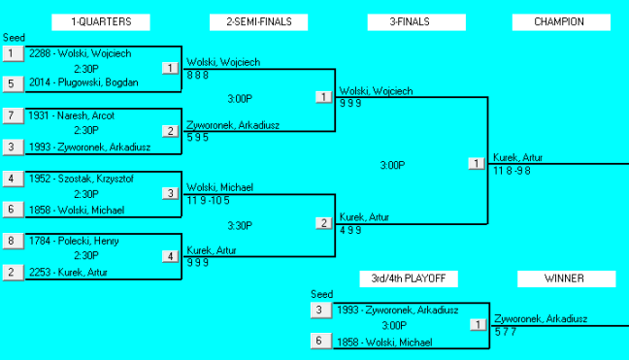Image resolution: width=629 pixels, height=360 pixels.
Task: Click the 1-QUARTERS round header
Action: coord(101,21)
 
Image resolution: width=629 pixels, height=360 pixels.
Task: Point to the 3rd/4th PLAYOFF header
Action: coord(409,279)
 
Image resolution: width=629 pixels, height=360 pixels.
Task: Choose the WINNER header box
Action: coord(564,279)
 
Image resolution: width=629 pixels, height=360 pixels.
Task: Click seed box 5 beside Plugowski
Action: coord(12,83)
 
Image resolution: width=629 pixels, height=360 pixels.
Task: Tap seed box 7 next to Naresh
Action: coord(12,115)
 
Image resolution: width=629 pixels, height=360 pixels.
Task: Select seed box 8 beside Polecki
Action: coord(12,241)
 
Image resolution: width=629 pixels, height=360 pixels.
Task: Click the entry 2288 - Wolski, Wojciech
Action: coord(80,53)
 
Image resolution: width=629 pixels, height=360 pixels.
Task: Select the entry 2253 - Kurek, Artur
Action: coord(69,273)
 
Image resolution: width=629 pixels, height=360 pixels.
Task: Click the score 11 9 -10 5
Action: coord(210,200)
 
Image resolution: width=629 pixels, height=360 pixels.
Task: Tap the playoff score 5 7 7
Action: coord(505,331)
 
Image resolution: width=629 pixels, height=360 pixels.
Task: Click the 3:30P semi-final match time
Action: coord(240,225)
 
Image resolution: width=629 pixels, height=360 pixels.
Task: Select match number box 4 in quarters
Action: coord(171,256)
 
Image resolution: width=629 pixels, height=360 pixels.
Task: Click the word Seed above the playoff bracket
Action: coord(321,294)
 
